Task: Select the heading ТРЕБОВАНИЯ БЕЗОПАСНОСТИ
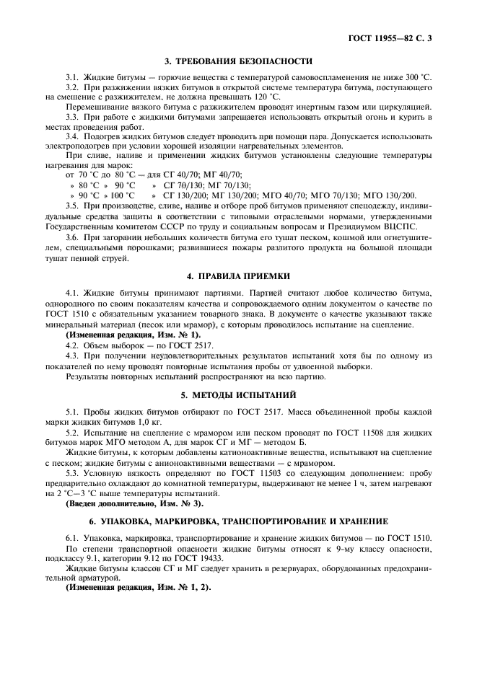pos(248,61)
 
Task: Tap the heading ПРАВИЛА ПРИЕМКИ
pos(248,275)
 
